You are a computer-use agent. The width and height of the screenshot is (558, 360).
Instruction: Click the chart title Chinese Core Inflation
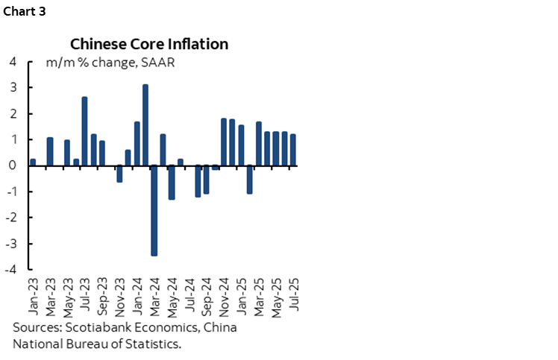click(149, 44)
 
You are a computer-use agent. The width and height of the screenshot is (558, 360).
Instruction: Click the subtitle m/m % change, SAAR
click(110, 63)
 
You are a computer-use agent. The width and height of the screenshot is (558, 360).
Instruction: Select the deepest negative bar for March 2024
click(154, 210)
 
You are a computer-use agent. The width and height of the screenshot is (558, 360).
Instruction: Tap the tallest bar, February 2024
click(145, 124)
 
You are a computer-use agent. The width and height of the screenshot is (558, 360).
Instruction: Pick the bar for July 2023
click(84, 131)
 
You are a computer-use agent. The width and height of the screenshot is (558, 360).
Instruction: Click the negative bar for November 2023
click(119, 174)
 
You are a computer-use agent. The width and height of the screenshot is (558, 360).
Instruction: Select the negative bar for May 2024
click(172, 183)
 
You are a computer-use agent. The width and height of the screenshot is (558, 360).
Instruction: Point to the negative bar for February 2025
click(250, 180)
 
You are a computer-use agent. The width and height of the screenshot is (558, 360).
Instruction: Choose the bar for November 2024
click(224, 142)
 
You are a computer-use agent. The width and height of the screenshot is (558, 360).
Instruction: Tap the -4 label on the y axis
click(11, 270)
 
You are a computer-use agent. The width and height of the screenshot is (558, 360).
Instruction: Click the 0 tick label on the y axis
click(13, 165)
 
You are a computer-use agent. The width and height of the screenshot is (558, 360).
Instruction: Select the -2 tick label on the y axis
click(11, 218)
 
